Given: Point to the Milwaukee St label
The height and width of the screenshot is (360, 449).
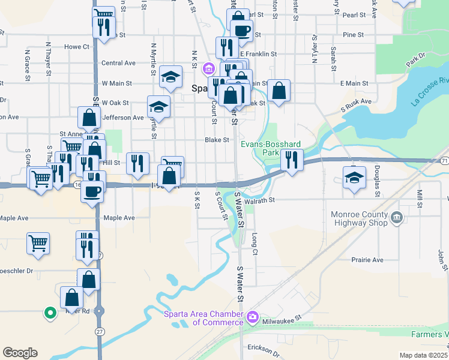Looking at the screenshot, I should [x=282, y=322].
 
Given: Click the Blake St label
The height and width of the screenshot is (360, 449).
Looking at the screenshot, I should [x=217, y=140].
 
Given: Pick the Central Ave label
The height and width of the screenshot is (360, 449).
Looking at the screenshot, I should [x=118, y=63].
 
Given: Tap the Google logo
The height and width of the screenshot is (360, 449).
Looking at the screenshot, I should [x=20, y=353].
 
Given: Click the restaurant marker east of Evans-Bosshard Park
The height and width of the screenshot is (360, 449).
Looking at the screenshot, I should [x=292, y=160].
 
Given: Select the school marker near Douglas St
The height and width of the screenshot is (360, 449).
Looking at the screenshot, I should [x=354, y=178].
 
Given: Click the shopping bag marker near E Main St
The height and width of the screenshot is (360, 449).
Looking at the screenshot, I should [x=279, y=91].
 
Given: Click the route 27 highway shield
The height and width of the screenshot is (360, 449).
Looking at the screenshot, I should [x=98, y=331].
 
